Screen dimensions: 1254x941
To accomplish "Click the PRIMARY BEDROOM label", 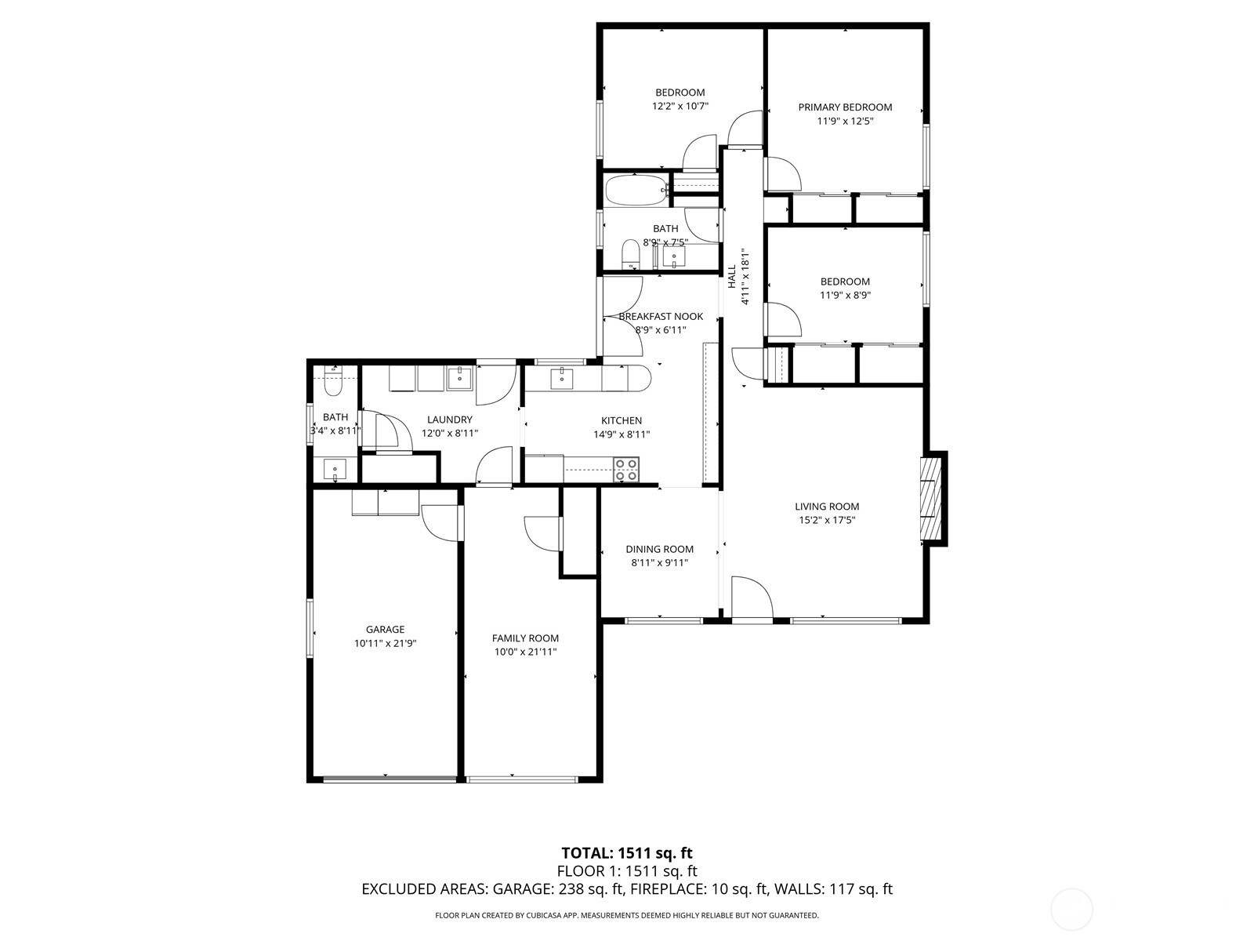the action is (x=845, y=107).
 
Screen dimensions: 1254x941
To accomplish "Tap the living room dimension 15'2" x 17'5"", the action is (x=827, y=520).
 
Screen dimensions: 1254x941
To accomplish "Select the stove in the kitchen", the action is (x=625, y=469).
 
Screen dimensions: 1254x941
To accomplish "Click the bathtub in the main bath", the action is (x=636, y=191).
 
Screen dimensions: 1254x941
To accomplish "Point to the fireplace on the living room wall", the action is (x=933, y=498).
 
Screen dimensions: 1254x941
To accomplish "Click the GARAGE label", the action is (x=385, y=629).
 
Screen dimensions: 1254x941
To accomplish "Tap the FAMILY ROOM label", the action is (x=526, y=638).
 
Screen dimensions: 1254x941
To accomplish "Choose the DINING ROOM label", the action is (x=659, y=549).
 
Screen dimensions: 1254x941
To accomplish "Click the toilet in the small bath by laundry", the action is (x=332, y=382).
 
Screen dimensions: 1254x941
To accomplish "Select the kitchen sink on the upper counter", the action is (x=562, y=378).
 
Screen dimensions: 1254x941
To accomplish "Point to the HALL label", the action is (x=732, y=276).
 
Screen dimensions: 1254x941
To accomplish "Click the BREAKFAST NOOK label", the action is (x=661, y=316).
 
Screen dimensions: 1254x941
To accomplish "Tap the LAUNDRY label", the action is (x=450, y=420).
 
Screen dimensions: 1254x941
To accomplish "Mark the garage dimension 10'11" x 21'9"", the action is (x=385, y=643).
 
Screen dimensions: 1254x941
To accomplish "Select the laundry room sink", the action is (x=460, y=378).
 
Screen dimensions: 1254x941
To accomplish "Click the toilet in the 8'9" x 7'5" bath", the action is (x=631, y=253).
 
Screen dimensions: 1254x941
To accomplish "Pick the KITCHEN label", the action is (x=622, y=420).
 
